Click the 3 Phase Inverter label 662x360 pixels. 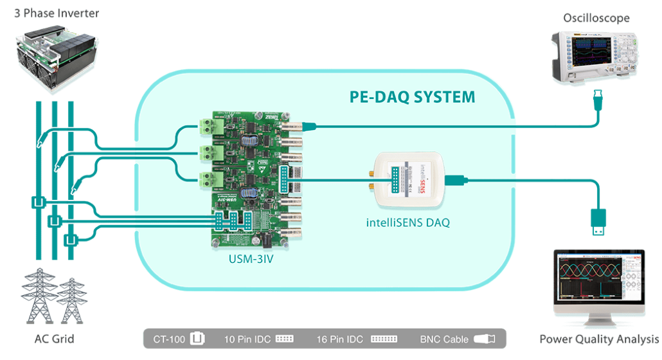(57, 13)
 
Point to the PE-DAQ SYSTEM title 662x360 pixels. (412, 97)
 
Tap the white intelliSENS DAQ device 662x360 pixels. (410, 181)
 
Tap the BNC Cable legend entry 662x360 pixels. (455, 338)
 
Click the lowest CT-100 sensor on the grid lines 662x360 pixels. (71, 240)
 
